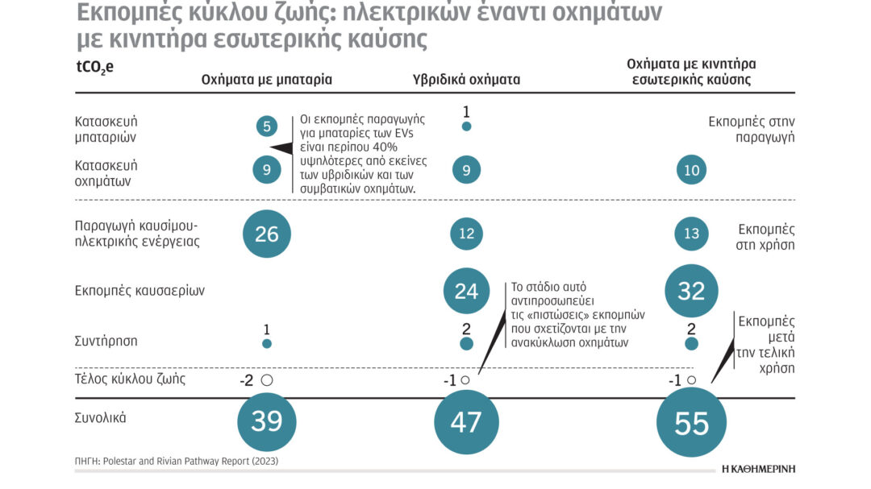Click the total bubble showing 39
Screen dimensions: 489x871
pos(267,421)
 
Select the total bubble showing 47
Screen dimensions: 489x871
pos(466,421)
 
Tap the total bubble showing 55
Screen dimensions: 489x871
pos(691,424)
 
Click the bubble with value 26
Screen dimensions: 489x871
pos(267,234)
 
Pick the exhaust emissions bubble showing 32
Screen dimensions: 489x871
pos(691,290)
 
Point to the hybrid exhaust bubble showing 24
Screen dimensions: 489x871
pos(466,290)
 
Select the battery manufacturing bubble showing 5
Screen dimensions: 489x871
pos(267,126)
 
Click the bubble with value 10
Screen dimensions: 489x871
pos(691,170)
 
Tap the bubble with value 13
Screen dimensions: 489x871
pos(691,234)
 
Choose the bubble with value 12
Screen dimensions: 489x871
pos(466,234)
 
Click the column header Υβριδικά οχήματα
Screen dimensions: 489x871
pos(466,79)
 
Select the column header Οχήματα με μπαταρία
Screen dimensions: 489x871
pos(266,79)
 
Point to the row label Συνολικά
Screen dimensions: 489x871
pos(98,419)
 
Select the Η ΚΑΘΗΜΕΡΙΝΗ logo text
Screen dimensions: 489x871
pos(754,467)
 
